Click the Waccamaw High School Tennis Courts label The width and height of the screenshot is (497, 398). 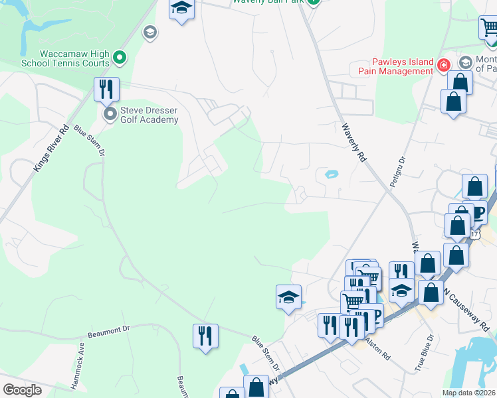[x=64, y=58]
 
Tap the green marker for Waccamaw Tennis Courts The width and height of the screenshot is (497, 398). [x=120, y=58]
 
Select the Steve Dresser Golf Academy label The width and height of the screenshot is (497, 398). [x=149, y=115]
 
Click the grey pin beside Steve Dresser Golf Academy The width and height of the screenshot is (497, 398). [x=110, y=115]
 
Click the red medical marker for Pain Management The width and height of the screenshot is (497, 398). [x=444, y=66]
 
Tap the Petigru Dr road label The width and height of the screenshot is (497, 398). [x=396, y=173]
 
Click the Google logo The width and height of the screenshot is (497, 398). [x=22, y=390]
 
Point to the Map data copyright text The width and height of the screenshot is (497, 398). [x=468, y=393]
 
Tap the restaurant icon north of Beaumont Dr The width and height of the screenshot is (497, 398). [x=206, y=335]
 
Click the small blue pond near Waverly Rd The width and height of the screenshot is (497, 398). [x=330, y=175]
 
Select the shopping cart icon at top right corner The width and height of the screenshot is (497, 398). [x=488, y=28]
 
